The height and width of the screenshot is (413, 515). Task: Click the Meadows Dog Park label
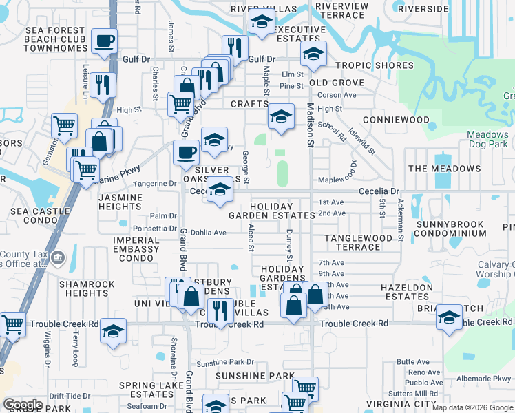(487, 140)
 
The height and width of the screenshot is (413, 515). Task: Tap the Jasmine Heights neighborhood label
(120, 202)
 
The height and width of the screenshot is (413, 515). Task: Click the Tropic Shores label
(375, 66)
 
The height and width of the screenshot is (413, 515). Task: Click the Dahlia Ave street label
(209, 233)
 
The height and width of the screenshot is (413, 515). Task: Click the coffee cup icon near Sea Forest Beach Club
(105, 43)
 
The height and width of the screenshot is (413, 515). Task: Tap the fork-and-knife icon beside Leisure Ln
(103, 84)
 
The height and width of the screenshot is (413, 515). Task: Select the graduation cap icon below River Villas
(261, 23)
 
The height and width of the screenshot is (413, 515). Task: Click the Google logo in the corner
(23, 405)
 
